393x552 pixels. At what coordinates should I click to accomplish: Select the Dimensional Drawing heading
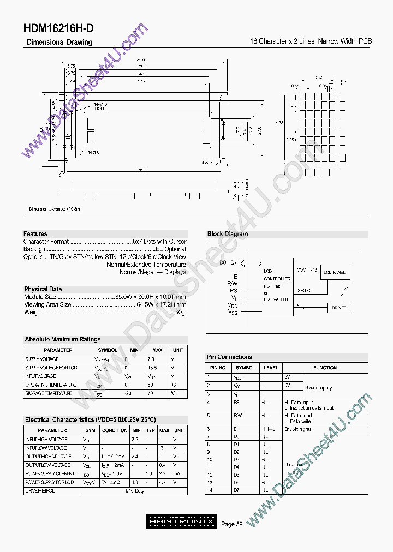pyautogui.click(x=59, y=43)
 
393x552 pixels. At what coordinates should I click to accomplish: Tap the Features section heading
pyautogui.click(x=35, y=233)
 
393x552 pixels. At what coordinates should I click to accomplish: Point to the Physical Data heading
pyautogui.click(x=43, y=289)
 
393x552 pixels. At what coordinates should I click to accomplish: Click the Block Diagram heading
pyautogui.click(x=227, y=234)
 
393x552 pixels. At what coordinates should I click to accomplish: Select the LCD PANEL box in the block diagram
pyautogui.click(x=334, y=271)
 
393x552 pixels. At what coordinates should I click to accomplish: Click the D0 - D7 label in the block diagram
pyautogui.click(x=229, y=263)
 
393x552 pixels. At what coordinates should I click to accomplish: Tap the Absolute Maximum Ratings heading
pyautogui.click(x=63, y=339)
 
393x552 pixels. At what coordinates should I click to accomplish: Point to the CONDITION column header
pyautogui.click(x=115, y=430)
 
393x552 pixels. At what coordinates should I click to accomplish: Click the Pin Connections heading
pyautogui.click(x=229, y=357)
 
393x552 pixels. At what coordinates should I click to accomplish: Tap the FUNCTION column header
pyautogui.click(x=325, y=368)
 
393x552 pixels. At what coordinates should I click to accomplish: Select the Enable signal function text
pyautogui.click(x=298, y=429)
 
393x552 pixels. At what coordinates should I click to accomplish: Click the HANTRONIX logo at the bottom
pyautogui.click(x=182, y=521)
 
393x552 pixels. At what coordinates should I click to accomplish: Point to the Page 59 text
pyautogui.click(x=231, y=524)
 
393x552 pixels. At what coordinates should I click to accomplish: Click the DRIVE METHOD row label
pyautogui.click(x=40, y=491)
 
